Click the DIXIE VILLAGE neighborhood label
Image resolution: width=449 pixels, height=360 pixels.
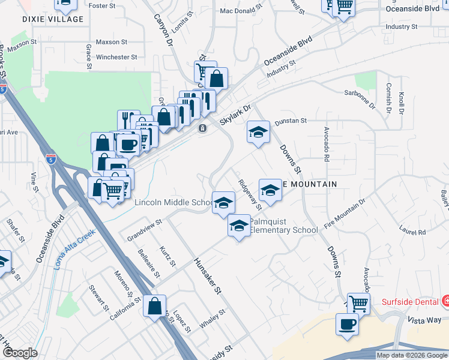point(53,20)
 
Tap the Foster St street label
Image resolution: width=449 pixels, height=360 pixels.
point(101,5)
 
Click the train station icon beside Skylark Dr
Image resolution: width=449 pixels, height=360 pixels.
point(203,128)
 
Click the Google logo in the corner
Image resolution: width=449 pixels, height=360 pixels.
point(20,353)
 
